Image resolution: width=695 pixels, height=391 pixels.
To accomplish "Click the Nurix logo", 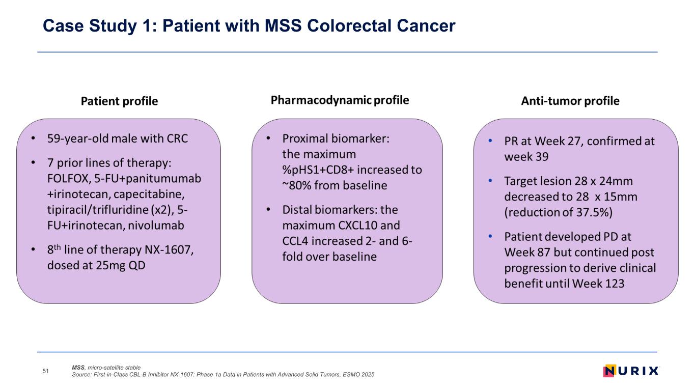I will point(630,371).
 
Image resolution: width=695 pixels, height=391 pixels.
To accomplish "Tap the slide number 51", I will point(45,372).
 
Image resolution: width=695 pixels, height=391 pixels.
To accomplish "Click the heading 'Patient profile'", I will point(120,101).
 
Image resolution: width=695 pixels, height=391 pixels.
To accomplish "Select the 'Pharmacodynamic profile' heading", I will point(340,100).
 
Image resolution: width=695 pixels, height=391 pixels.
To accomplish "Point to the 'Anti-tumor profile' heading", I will point(570,101).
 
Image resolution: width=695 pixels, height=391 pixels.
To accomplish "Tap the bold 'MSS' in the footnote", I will point(78,367).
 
